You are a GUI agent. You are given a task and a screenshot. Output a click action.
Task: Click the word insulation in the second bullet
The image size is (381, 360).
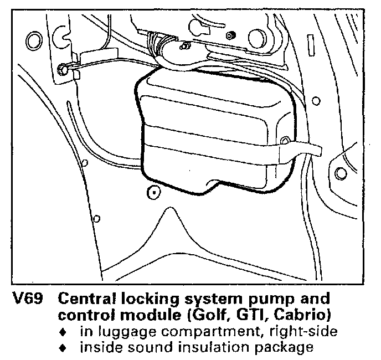[207, 348]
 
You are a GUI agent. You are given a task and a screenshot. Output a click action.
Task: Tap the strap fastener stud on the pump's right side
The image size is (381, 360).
[285, 141]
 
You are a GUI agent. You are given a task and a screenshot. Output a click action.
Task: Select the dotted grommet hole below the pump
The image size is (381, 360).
[153, 193]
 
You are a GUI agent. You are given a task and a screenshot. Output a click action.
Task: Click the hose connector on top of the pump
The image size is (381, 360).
[183, 53]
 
